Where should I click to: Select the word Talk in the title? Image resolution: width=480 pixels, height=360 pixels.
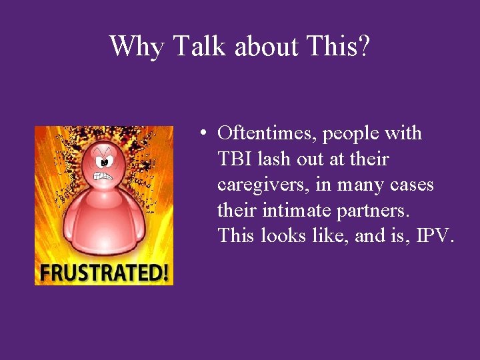[195, 46]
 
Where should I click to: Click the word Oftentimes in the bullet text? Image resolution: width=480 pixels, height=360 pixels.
[267, 134]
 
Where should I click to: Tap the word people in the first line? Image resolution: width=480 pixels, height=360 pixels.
[351, 134]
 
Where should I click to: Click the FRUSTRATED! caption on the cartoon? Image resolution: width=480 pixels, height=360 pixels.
[104, 273]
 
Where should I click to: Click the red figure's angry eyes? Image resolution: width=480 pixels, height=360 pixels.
[104, 161]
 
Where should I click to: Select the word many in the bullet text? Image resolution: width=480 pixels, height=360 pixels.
[361, 185]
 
